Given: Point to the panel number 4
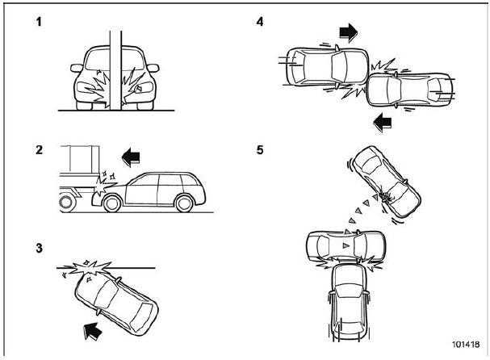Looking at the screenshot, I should click(x=260, y=19).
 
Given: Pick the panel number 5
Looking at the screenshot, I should click(x=260, y=150).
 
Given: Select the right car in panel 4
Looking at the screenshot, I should click(x=410, y=91).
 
